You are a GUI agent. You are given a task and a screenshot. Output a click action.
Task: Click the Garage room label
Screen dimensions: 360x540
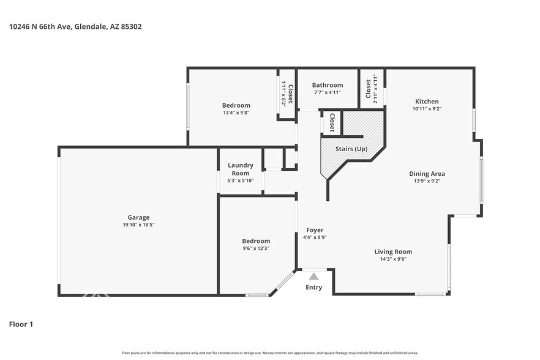click(138, 217)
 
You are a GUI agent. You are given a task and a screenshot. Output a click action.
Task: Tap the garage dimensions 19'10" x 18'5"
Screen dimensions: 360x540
click(138, 225)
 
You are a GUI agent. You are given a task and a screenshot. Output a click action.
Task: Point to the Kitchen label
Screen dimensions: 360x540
click(427, 102)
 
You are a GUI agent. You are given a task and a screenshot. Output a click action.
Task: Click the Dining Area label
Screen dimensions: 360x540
click(427, 174)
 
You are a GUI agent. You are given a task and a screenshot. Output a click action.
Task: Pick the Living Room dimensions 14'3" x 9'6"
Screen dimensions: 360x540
click(393, 259)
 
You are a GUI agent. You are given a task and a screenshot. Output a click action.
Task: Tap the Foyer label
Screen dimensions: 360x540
click(315, 230)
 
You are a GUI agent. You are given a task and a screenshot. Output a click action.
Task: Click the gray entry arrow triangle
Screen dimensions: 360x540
click(313, 277)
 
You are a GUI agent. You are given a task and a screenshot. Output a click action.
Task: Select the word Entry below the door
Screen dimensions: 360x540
click(313, 287)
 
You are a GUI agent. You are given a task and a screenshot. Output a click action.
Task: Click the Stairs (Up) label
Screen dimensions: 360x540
click(351, 149)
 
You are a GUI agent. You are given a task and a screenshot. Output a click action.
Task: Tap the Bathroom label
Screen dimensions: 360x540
click(328, 85)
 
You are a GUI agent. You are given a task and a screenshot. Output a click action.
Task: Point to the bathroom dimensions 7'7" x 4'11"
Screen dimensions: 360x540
click(328, 92)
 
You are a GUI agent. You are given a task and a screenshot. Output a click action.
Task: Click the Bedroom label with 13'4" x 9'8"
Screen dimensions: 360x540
click(236, 105)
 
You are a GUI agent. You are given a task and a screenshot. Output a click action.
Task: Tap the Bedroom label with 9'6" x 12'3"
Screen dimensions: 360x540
click(255, 241)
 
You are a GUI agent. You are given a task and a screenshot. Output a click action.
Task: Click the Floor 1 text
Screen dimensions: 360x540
click(21, 324)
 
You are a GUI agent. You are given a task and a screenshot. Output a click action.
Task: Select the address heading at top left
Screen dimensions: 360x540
click(76, 26)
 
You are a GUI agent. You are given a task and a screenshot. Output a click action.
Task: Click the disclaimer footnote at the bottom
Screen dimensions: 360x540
click(269, 353)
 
